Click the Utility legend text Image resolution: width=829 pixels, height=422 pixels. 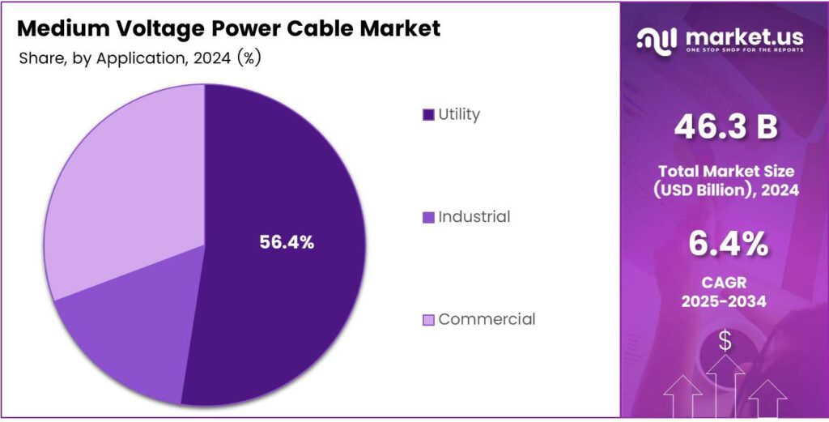(459, 114)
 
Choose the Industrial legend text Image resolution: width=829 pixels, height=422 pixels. (474, 217)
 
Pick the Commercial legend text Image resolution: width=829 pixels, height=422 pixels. (487, 319)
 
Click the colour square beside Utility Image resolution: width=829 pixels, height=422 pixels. (428, 115)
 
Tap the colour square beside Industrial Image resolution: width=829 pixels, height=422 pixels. (428, 218)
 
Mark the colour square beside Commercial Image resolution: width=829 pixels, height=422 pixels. (428, 320)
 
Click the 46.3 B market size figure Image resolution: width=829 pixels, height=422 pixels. (725, 127)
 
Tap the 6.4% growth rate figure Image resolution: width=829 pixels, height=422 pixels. (725, 244)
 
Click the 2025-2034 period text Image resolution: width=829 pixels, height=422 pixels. (725, 302)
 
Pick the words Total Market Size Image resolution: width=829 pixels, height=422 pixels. (725, 172)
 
